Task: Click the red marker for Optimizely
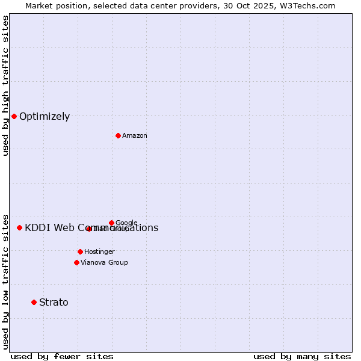[x=14, y=116]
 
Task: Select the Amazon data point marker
[x=118, y=135]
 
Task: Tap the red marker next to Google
[x=111, y=223]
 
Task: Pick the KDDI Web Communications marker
[x=19, y=227]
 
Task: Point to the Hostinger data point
[x=80, y=251]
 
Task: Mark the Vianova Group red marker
[x=76, y=262]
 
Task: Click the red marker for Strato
[x=34, y=302]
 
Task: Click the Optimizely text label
[x=45, y=117]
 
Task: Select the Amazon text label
[x=135, y=136]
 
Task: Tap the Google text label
[x=126, y=223]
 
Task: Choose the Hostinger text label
[x=99, y=252]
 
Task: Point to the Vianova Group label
[x=104, y=263]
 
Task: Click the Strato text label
[x=54, y=303]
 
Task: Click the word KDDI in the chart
[x=37, y=228]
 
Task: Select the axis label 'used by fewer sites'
[x=62, y=356]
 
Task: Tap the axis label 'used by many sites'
[x=302, y=356]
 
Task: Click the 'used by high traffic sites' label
[x=6, y=85]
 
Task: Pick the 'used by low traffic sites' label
[x=6, y=281]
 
